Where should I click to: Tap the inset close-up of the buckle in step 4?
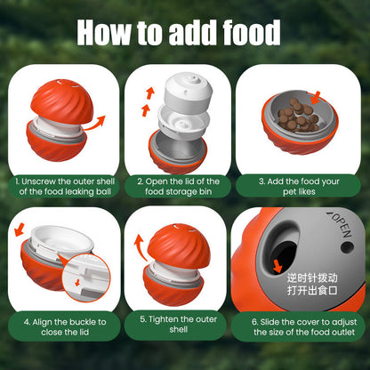tap(90, 282)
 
